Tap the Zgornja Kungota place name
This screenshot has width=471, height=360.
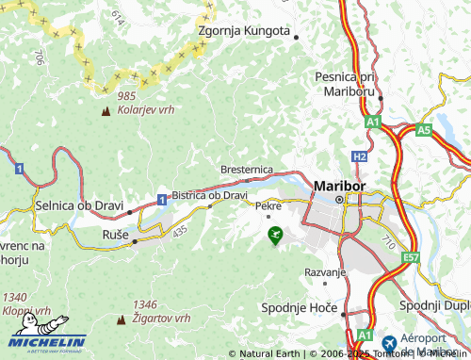point(243,30)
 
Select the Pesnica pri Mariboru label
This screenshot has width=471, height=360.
point(348,85)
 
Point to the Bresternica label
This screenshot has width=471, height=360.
point(247,169)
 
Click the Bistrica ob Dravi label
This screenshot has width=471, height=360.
point(209,195)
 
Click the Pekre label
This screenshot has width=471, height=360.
point(268,205)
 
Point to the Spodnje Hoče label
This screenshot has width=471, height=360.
point(300,307)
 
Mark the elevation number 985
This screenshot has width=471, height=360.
point(127,96)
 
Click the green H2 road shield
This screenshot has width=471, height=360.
point(361,155)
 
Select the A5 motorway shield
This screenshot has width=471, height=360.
point(424,128)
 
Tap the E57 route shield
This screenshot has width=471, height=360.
point(411,256)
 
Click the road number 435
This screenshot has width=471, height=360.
point(180,230)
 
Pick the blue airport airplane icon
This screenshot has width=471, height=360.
point(390,340)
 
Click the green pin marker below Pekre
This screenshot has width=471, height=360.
point(274,235)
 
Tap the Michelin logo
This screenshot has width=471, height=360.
point(47,341)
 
